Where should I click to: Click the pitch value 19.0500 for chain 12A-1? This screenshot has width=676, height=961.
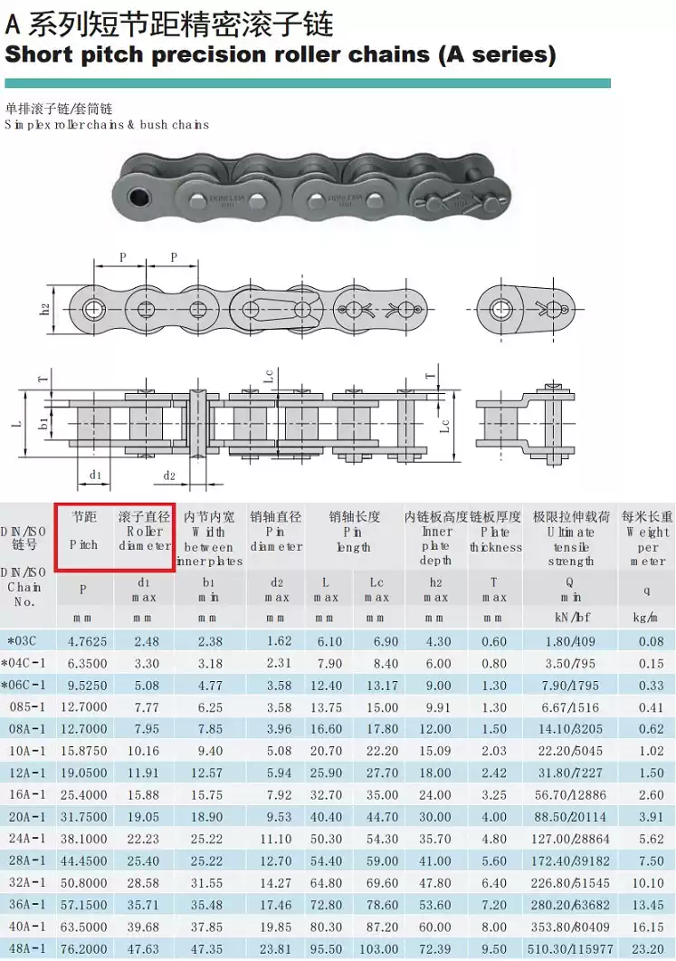(84, 773)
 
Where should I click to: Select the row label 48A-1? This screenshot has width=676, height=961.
(27, 948)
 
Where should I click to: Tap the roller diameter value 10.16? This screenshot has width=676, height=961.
(143, 751)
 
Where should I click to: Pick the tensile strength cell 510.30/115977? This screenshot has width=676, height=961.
(570, 948)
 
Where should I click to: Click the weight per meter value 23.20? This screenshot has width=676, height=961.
(648, 948)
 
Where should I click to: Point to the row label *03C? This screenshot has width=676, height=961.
(22, 641)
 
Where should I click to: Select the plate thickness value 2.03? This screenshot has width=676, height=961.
(494, 751)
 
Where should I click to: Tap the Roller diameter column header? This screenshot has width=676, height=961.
(145, 531)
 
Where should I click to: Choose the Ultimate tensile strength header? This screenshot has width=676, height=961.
(571, 539)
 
